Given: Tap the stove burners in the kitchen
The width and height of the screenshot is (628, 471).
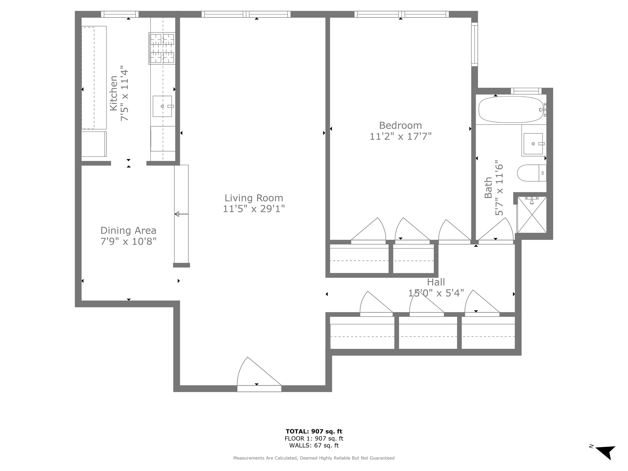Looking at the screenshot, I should (x=162, y=48).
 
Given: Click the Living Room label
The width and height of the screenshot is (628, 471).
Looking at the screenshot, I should (x=254, y=198).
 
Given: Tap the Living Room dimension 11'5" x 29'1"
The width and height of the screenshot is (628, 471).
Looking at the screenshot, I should (x=254, y=209).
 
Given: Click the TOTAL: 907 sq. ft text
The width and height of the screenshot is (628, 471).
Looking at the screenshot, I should (x=314, y=432).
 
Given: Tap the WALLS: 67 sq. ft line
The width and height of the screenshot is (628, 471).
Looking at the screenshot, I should (x=314, y=445).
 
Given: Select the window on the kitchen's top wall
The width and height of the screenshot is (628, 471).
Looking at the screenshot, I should (x=119, y=14).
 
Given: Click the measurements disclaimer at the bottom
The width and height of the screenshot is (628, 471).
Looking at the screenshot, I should (x=314, y=458).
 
